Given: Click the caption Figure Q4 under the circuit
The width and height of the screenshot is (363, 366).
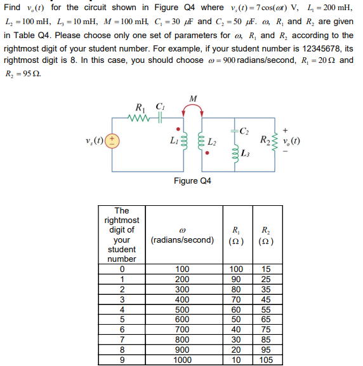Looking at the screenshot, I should pos(192,181).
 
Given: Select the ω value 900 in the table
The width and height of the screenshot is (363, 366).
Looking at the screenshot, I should pos(182,350).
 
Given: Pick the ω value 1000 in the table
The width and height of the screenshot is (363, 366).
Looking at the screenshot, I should pos(182,359).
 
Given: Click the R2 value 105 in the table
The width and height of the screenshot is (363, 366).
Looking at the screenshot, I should pos(265,359).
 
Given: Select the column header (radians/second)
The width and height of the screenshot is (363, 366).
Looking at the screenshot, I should pos(181,240).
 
